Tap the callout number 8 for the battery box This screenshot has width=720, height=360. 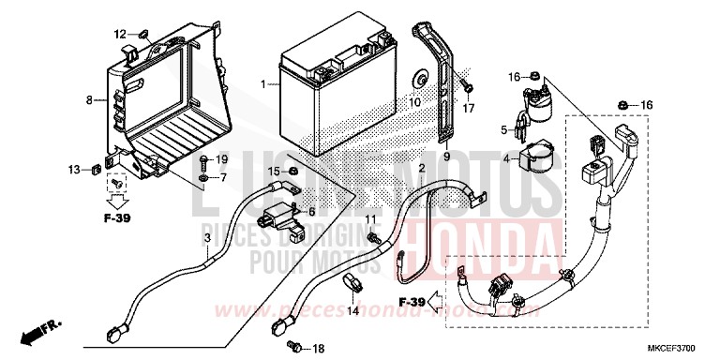coord(89,98)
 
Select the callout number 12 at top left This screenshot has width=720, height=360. coord(120,35)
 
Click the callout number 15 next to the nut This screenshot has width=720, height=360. coord(274,171)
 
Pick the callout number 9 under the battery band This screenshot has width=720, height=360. coord(446,156)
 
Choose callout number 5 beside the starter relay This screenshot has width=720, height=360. coord(503,130)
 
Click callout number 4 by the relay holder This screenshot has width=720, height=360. coord(506,158)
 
